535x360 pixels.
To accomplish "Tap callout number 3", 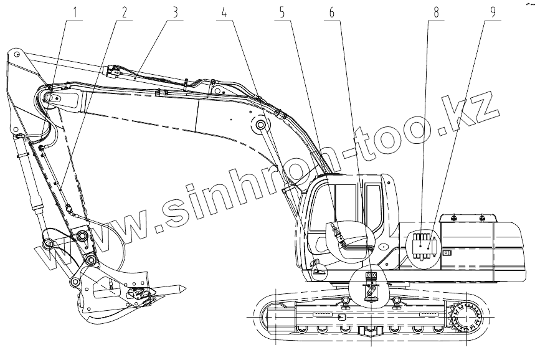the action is pos(176,12).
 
